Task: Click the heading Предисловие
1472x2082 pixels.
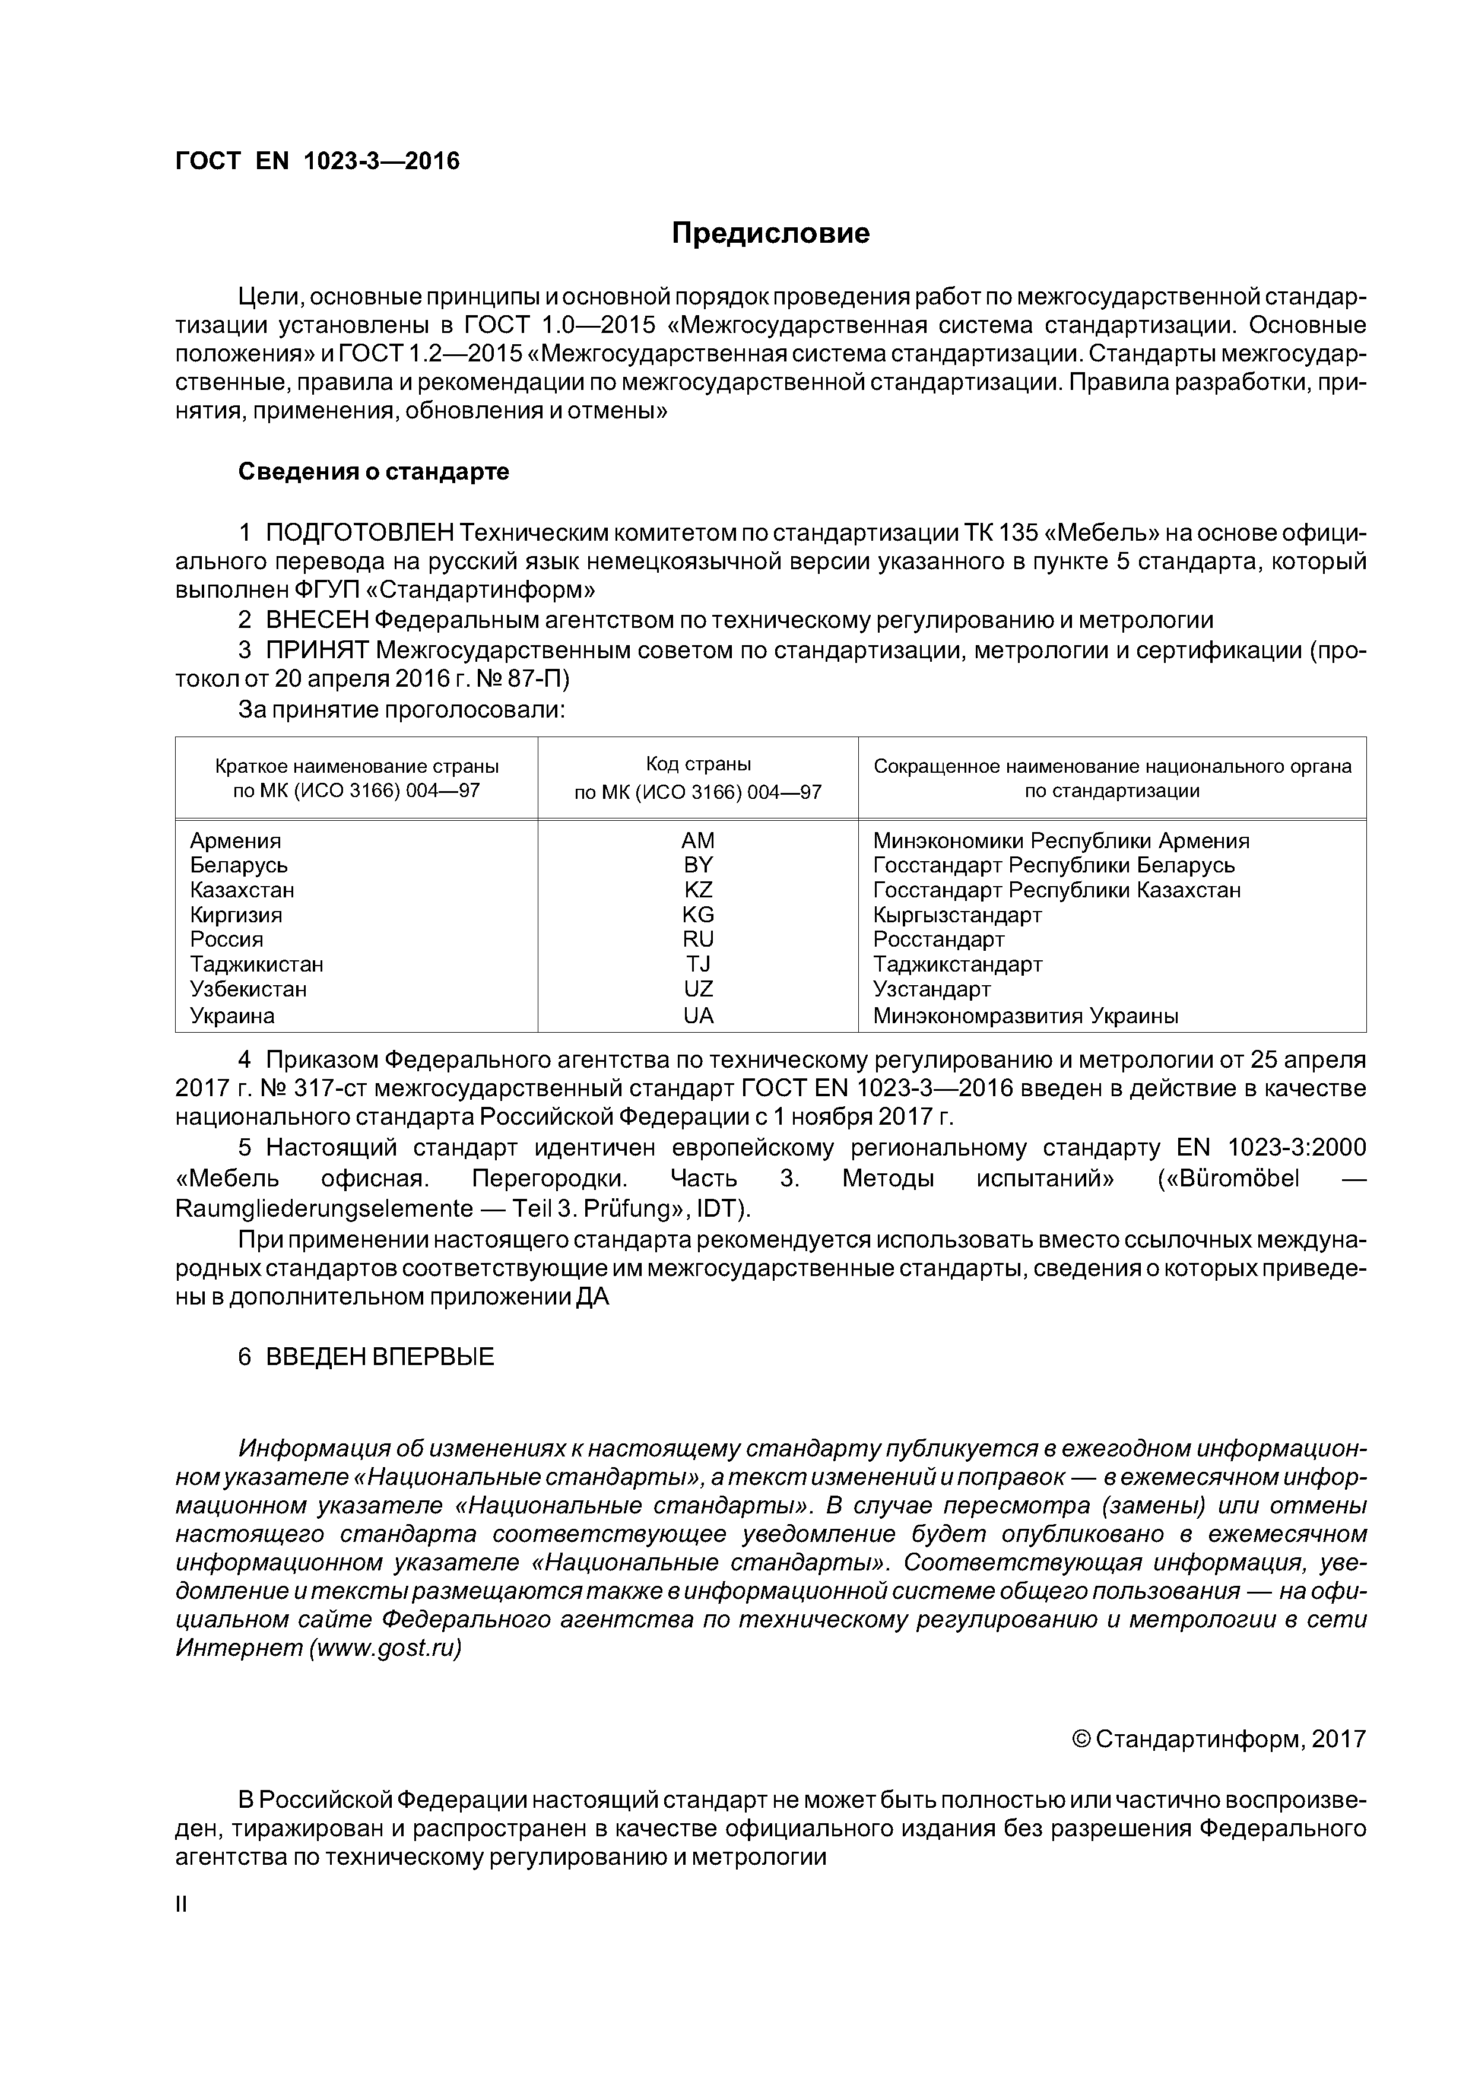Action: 770,234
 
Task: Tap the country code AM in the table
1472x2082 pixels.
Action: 699,840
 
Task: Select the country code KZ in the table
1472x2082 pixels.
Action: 699,890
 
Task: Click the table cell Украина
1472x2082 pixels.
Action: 232,1015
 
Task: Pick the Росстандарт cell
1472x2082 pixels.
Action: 939,940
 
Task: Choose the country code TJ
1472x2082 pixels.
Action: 699,964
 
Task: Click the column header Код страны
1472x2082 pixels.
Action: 699,764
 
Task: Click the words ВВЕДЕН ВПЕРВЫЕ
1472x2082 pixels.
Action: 379,1357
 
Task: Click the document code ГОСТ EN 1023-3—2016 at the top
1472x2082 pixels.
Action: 318,161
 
